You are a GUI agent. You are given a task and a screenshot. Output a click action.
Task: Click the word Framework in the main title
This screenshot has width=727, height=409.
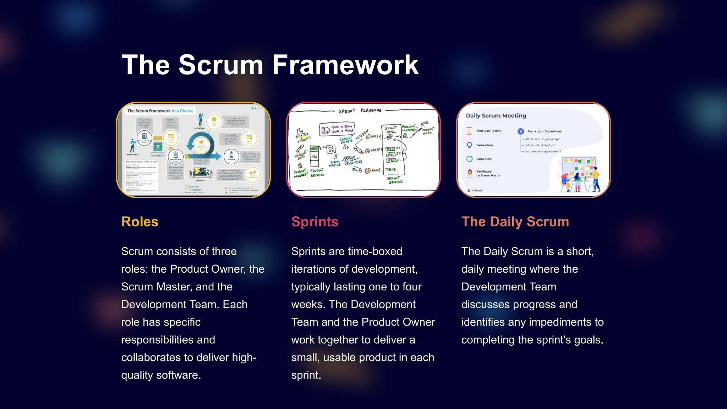pos(345,65)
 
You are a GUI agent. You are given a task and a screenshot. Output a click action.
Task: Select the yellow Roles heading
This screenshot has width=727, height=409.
pos(140,222)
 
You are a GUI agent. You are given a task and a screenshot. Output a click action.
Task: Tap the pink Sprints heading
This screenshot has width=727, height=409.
pos(315,222)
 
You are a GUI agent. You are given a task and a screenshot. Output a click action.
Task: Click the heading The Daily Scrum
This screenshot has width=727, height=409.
pos(515,222)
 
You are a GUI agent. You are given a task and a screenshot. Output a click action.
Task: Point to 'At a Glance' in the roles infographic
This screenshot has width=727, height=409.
pos(182,111)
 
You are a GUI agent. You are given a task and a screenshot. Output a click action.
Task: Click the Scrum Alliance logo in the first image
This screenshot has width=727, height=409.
pos(194,188)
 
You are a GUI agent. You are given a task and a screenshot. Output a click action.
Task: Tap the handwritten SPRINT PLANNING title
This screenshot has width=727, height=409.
pos(360,111)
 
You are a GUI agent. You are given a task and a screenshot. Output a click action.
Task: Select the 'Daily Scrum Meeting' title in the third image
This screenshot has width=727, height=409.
pos(496,115)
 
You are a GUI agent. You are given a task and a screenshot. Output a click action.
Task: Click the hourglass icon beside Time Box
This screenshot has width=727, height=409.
pos(469,131)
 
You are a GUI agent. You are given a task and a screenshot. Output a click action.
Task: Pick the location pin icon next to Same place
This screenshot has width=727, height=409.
pos(469,145)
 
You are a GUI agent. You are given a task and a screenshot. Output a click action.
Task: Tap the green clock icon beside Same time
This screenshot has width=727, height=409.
pos(469,159)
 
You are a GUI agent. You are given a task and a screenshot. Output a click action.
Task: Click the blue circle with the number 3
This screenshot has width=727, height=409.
pos(520,131)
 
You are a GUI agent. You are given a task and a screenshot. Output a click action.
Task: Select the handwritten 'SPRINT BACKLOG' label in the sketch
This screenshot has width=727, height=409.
pos(395,180)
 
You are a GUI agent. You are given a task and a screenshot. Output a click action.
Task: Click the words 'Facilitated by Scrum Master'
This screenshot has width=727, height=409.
pos(488,173)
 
